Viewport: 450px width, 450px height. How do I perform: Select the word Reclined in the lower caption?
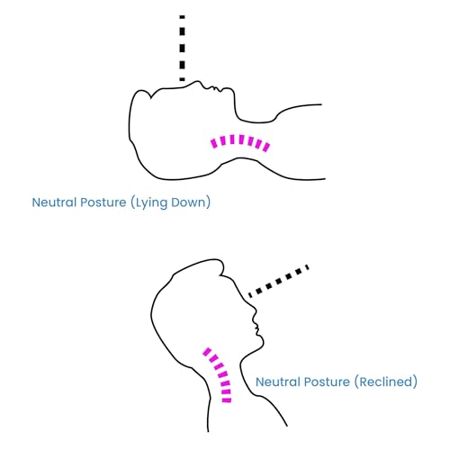point(386,382)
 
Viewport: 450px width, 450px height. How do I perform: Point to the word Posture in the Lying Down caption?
point(103,202)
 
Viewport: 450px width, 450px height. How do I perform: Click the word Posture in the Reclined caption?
point(327,382)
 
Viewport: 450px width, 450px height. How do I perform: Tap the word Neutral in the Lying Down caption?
point(54,202)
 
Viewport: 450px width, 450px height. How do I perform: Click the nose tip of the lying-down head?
point(197,81)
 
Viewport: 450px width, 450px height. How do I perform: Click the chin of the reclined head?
point(262,340)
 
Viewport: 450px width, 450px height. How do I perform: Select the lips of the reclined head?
point(256,328)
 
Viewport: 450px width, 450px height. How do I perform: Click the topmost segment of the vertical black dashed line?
point(182,17)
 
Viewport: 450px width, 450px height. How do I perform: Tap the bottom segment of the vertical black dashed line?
point(182,79)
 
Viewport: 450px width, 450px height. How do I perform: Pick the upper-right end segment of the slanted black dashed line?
point(307,267)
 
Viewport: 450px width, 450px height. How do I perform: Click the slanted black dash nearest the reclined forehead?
point(250,294)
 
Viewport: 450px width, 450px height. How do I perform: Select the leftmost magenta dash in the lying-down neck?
point(214,143)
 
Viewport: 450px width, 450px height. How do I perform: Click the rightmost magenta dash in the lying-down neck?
point(266,147)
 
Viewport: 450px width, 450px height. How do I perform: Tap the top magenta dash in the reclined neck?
point(207,351)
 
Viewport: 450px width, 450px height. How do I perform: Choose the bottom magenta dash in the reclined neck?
point(227,400)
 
